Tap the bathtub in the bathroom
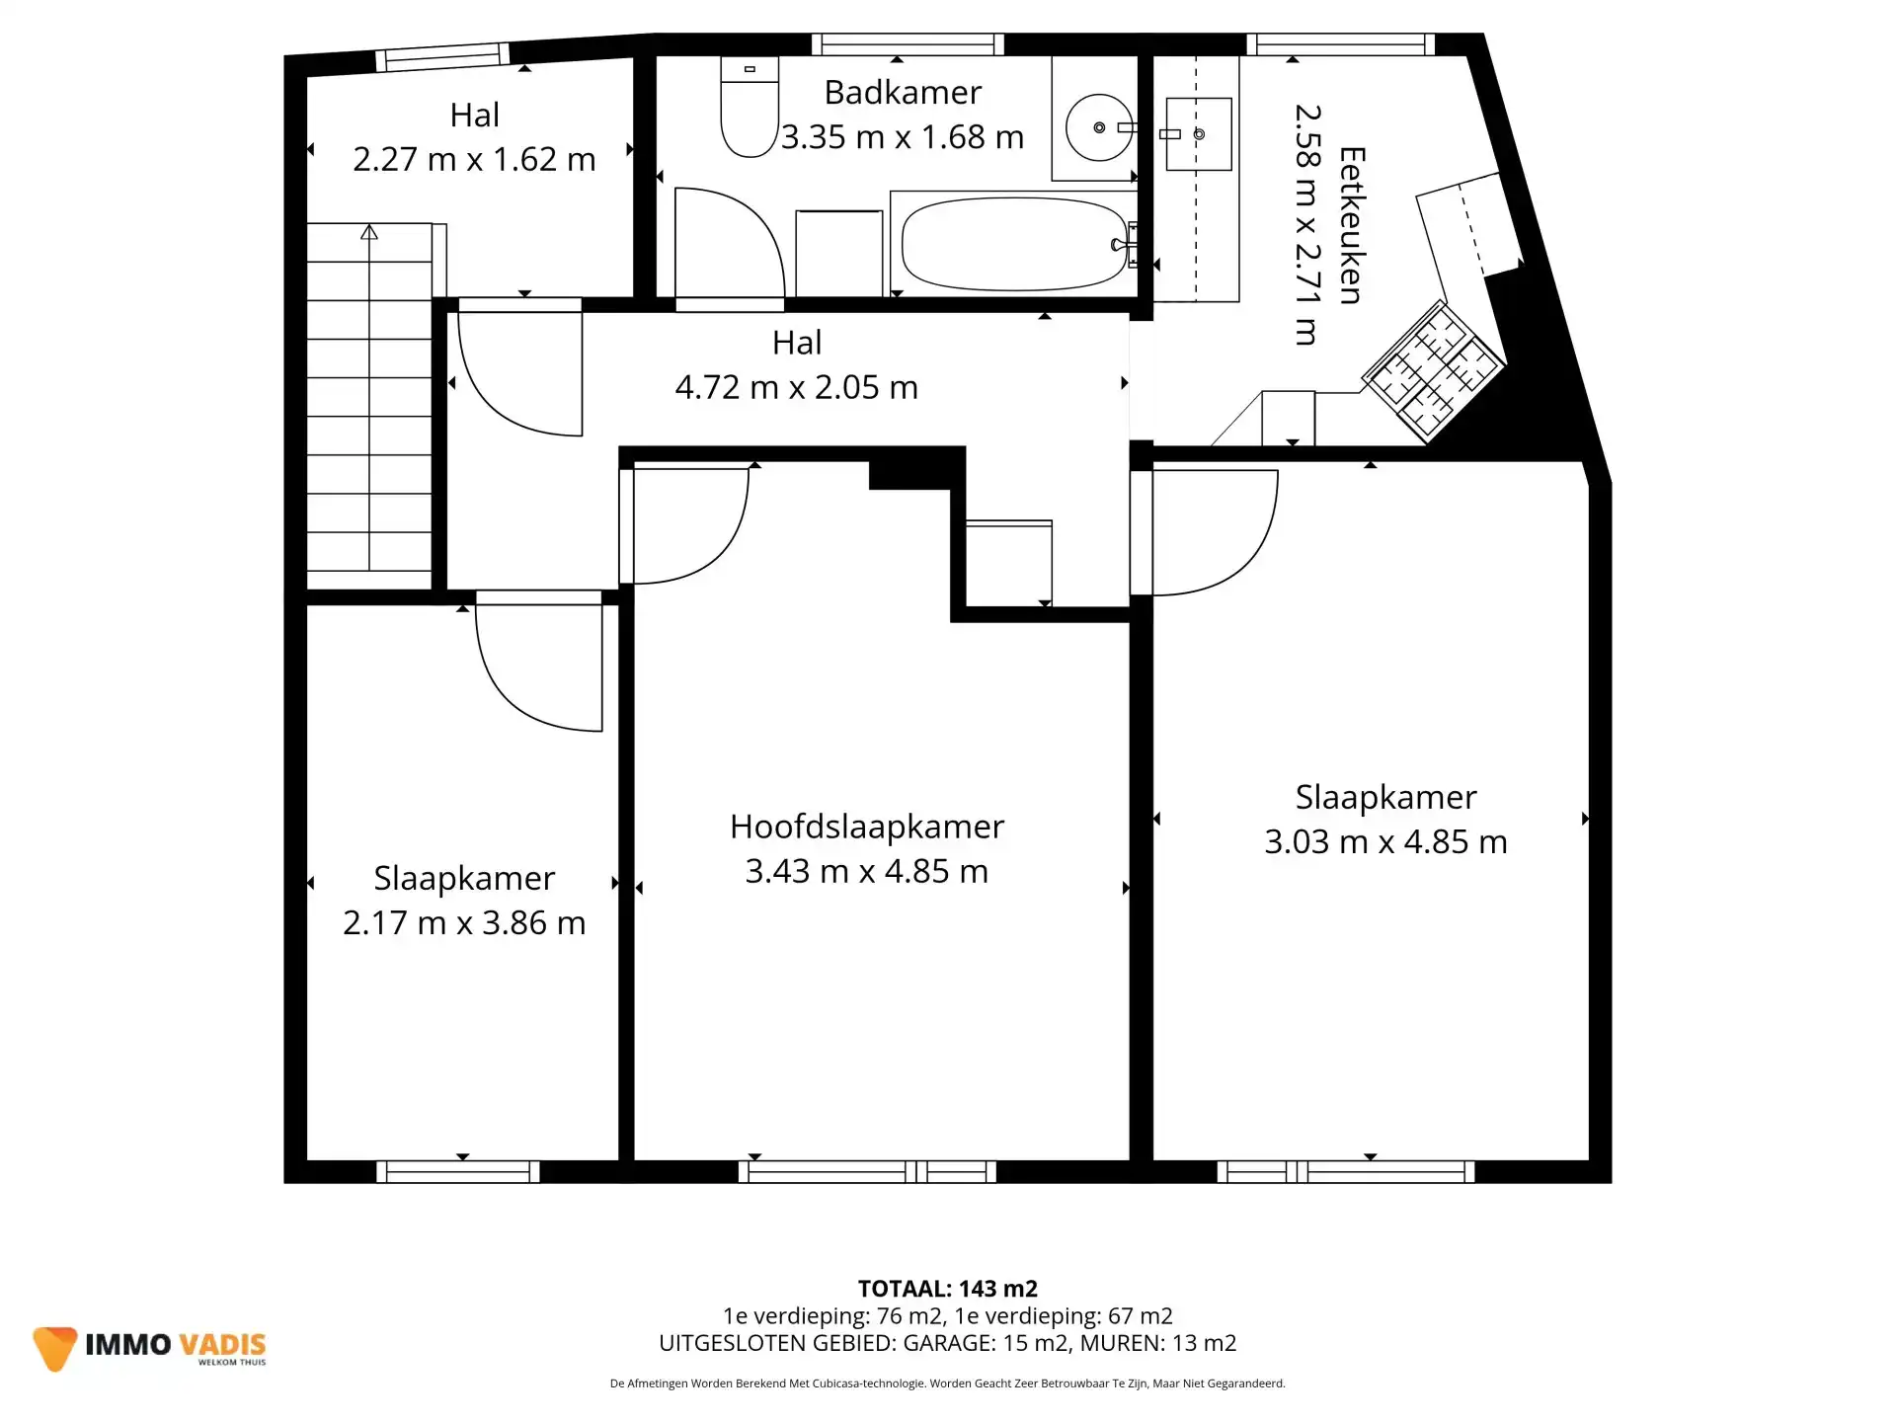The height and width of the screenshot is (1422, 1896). [1013, 244]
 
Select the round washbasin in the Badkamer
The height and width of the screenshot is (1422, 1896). [1098, 127]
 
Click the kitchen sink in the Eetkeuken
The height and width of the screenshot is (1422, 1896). [1198, 133]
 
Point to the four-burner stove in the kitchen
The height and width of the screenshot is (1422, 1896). [1433, 371]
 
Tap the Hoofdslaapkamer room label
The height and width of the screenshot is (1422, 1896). [866, 827]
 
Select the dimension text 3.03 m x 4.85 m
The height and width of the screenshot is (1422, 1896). [1385, 842]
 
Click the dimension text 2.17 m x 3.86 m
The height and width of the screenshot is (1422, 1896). [464, 923]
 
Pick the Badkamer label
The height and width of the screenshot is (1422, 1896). [903, 93]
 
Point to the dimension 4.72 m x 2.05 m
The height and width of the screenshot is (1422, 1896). [796, 387]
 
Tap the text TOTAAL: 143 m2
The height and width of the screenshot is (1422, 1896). [947, 1289]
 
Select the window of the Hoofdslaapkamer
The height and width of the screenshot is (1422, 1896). [867, 1172]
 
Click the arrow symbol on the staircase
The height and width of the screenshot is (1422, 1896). [369, 233]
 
